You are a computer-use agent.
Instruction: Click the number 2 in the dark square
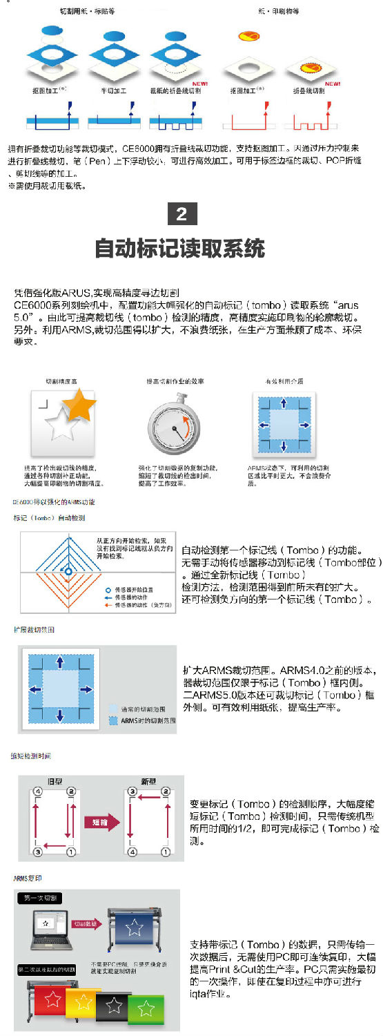coord(181,214)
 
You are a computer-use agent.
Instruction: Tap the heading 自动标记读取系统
coord(179,247)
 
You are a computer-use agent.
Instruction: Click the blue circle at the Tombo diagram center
coord(68,572)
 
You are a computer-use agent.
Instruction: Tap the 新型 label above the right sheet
coord(148,781)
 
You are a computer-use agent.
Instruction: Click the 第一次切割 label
coord(39,898)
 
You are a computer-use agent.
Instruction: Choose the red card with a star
coord(49,997)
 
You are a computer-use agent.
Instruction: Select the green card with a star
coord(146,1009)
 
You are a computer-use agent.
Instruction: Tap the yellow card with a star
coord(83,1000)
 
